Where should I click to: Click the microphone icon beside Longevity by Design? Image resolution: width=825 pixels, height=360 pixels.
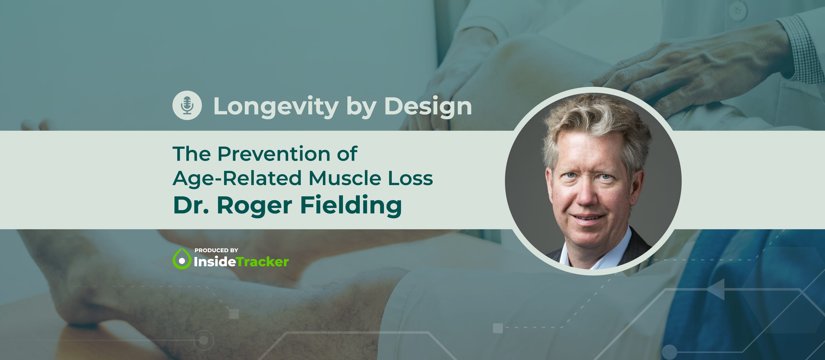187,105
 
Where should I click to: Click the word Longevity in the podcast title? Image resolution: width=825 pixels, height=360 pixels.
276,107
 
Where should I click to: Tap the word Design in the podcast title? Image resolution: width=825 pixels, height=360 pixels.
428,107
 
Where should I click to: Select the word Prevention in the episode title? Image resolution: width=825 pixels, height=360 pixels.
274,154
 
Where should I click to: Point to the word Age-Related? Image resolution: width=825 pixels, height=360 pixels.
237,178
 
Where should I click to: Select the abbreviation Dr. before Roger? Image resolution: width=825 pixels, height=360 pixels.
191,205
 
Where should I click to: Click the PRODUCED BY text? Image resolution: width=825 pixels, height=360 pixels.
216,250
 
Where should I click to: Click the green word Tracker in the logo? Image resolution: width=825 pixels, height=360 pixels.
263,262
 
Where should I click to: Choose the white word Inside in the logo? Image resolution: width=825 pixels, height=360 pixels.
215,262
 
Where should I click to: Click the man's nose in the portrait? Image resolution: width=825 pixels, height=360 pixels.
586,195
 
